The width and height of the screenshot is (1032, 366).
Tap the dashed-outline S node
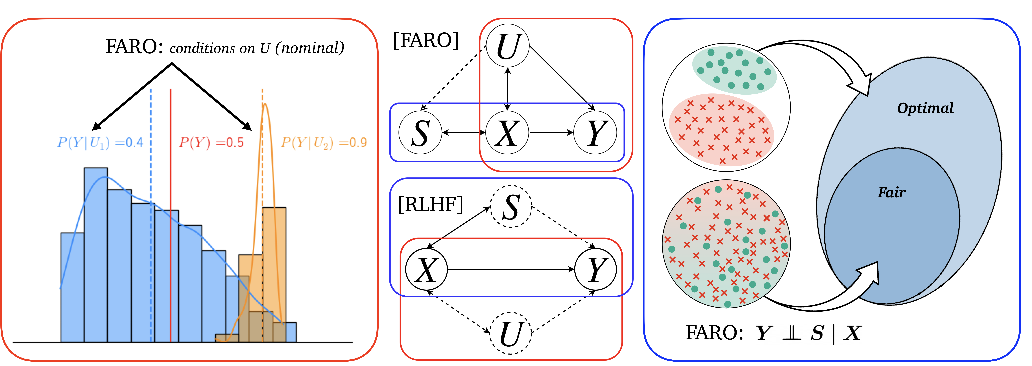pyautogui.click(x=511, y=206)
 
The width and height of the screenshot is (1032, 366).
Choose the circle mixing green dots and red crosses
pyautogui.click(x=726, y=244)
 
